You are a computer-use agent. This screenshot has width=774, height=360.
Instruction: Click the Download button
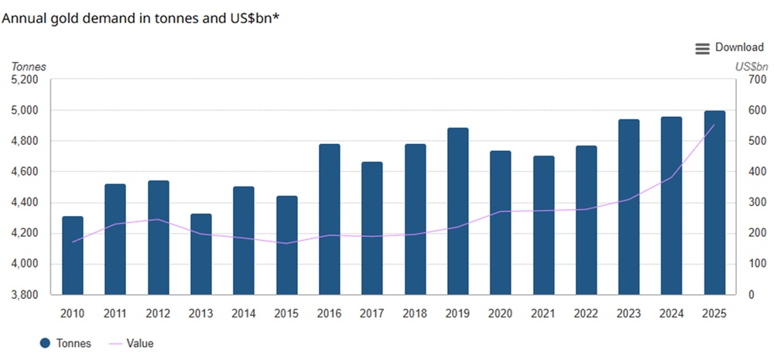coord(738,48)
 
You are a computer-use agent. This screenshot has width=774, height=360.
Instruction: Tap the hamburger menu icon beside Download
coord(702,49)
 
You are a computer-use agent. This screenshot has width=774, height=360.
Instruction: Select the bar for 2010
coord(73,255)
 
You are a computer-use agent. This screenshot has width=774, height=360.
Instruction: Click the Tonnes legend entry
coord(67,343)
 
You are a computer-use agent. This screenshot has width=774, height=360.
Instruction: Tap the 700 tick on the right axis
coord(756,80)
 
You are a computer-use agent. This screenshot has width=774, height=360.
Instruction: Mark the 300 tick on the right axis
coord(756,203)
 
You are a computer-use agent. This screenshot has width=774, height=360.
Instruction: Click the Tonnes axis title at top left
coord(29,67)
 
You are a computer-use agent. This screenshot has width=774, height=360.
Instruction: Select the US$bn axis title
coord(749,67)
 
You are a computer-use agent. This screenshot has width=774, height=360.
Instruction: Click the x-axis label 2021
coord(543,314)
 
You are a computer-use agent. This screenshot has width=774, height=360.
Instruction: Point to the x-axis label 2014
coord(244,314)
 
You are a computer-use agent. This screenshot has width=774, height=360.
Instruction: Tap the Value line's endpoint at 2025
coord(714,125)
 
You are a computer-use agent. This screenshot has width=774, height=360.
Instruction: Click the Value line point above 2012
coord(158,219)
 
